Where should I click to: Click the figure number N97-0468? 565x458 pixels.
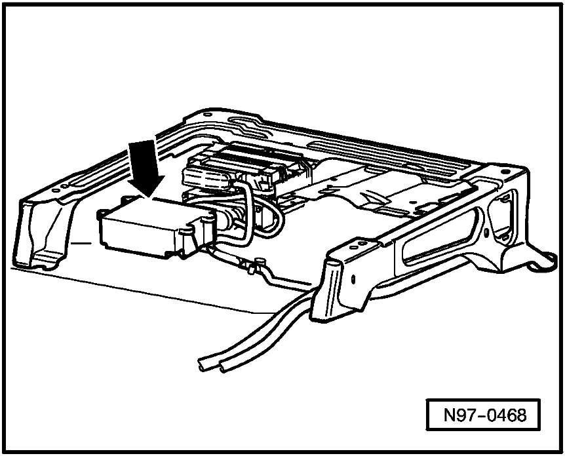pos(484,415)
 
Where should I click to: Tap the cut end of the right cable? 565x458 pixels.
pos(224,368)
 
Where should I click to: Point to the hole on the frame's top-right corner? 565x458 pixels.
pos(505,172)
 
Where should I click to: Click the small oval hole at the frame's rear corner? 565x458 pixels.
pos(208,115)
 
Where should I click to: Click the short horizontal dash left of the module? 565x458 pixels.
pos(81,244)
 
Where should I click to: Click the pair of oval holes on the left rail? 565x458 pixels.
pos(60,188)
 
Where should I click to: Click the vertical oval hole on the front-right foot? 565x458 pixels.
pos(353,278)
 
